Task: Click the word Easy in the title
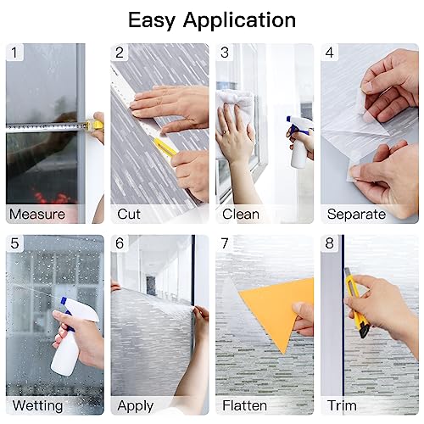[157, 20]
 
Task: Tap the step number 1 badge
[14, 53]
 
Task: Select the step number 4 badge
[330, 53]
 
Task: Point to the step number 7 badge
[225, 243]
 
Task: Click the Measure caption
[36, 214]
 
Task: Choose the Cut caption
[130, 214]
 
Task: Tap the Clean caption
[240, 214]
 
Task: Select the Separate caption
[356, 214]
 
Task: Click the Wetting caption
[37, 405]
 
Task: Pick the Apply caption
[136, 405]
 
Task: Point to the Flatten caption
[245, 405]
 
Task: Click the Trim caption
[343, 405]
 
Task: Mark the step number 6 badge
[120, 243]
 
